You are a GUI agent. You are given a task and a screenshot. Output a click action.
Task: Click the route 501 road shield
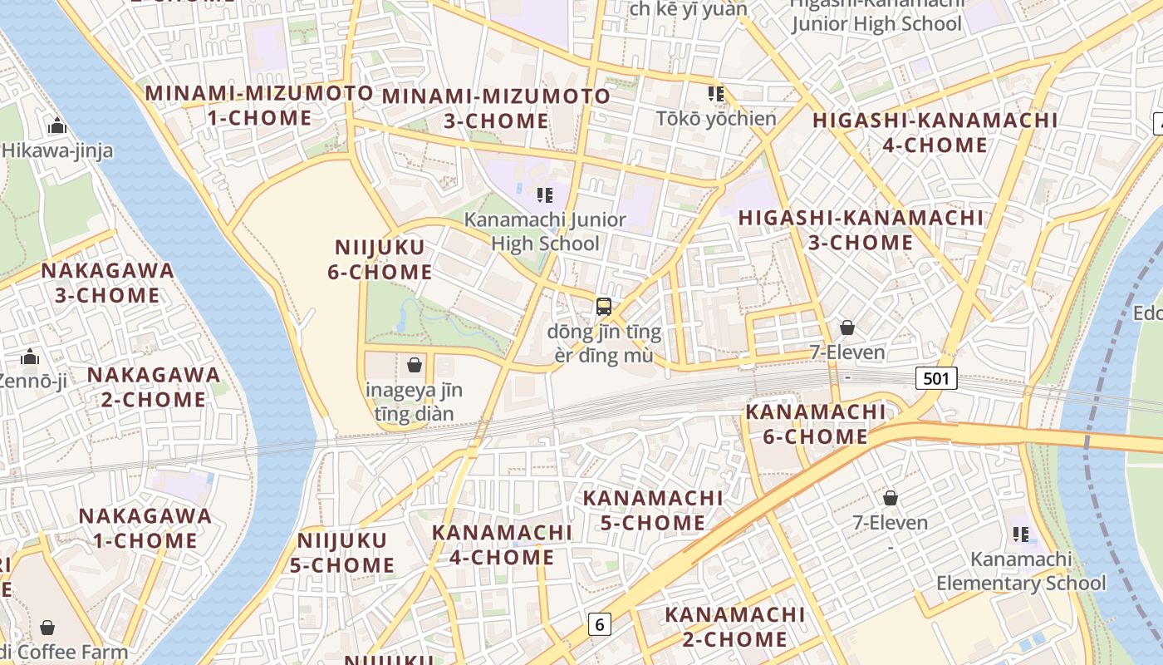[x=936, y=379]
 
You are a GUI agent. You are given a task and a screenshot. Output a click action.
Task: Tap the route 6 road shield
[x=599, y=623]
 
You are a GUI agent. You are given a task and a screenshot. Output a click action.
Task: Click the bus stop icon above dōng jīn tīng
[x=604, y=306]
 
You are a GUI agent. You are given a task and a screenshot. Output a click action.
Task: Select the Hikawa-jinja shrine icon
[x=57, y=126]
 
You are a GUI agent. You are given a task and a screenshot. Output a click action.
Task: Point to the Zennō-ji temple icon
[x=30, y=357]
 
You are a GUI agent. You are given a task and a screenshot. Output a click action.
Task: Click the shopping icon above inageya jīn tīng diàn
[x=415, y=365]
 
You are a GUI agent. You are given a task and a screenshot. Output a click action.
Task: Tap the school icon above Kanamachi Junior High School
[x=544, y=195]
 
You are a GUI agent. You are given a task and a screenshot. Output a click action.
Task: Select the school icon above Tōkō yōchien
[x=715, y=93]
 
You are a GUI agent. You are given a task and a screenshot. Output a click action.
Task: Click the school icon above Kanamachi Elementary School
[x=1020, y=534]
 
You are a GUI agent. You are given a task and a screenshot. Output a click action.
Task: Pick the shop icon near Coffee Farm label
[x=47, y=627]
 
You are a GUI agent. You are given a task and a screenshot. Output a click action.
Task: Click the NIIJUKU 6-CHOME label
[x=380, y=259]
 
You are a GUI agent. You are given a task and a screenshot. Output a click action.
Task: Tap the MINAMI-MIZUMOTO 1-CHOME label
[x=259, y=106]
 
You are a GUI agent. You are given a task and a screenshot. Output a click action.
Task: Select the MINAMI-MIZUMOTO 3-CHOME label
[x=496, y=108]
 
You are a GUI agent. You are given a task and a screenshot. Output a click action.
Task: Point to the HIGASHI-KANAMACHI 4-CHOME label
[x=935, y=132]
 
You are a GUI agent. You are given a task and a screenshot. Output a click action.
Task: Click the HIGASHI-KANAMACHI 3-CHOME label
[x=861, y=230]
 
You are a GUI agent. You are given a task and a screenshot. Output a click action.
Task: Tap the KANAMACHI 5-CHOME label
[x=652, y=510]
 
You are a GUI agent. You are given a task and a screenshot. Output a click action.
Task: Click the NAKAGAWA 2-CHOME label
[x=154, y=387]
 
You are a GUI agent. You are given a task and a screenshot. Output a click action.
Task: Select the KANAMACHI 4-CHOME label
[x=502, y=544]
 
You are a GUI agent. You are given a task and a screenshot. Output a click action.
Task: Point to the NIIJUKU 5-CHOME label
[x=342, y=553]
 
